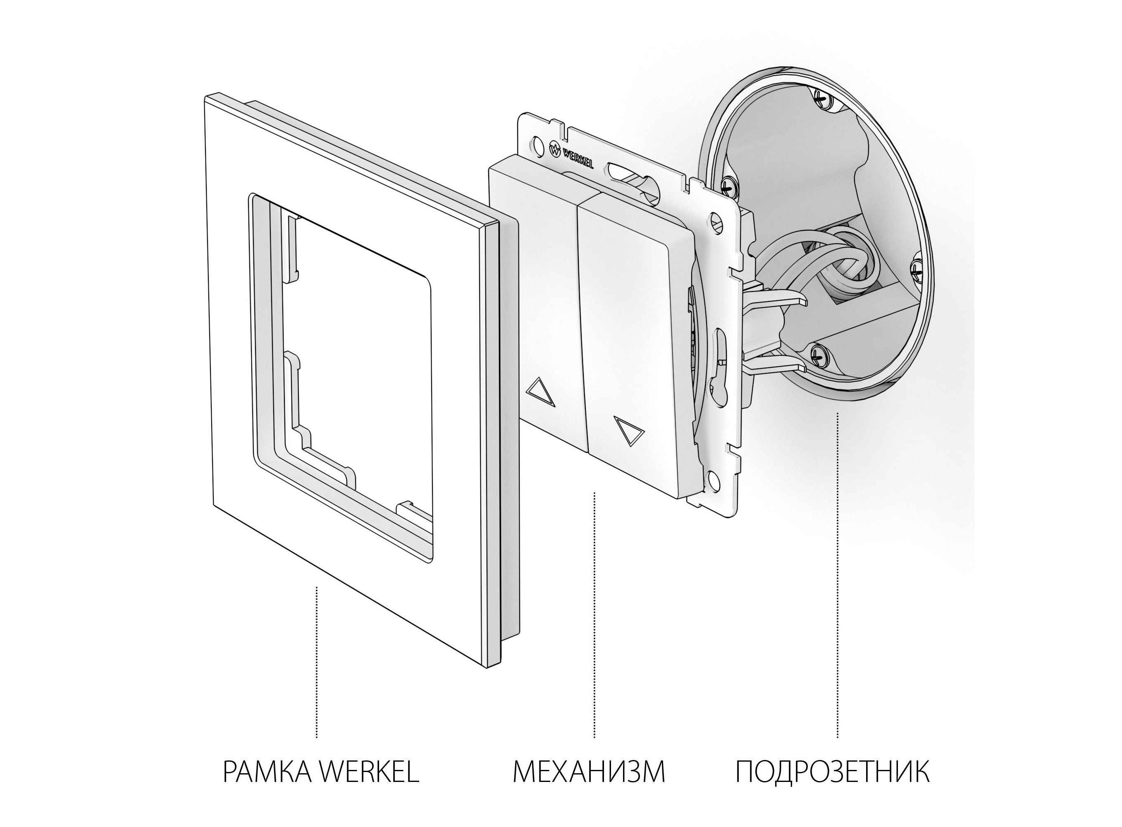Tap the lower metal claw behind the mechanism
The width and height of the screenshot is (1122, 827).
click(773, 361)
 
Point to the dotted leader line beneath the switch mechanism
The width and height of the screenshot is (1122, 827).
click(594, 615)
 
